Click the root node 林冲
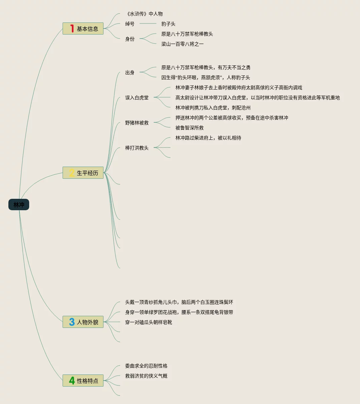(x=19, y=205)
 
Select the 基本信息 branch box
(x=83, y=28)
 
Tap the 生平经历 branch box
(x=83, y=173)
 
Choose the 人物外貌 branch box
(x=83, y=322)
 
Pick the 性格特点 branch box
(x=83, y=381)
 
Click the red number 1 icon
(x=72, y=28)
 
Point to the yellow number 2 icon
(x=72, y=173)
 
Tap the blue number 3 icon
(x=72, y=322)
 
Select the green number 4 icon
(x=72, y=381)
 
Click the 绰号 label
(x=130, y=24)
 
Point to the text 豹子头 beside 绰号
(x=168, y=24)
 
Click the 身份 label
(x=130, y=39)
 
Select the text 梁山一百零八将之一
(x=183, y=44)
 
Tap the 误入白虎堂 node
(x=137, y=98)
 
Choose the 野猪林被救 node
(x=137, y=123)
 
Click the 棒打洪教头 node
(x=137, y=148)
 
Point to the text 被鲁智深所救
(x=190, y=128)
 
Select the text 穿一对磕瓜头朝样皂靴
(x=149, y=322)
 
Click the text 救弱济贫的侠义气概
(x=146, y=376)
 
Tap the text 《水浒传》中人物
(x=144, y=14)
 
